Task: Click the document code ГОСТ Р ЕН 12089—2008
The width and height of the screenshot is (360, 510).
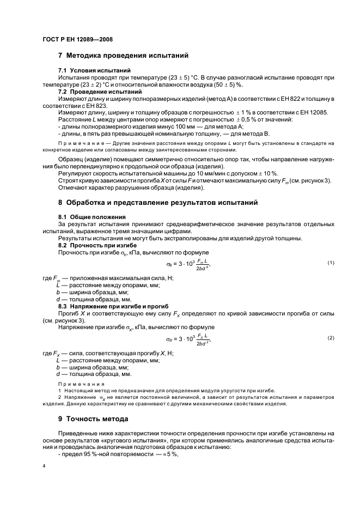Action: pos(77,40)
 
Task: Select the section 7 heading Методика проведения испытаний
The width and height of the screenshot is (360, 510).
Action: pos(123,56)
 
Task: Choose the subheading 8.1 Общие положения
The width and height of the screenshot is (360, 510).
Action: pos(91,217)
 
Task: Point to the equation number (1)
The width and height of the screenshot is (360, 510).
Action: pos(330,263)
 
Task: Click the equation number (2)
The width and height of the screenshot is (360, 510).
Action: pos(330,338)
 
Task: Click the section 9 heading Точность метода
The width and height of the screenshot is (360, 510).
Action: pos(93,419)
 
